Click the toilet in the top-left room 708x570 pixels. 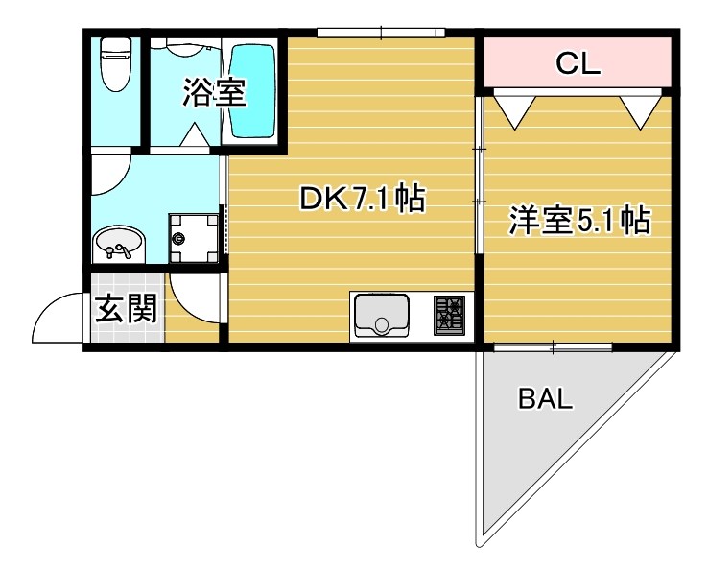(x=116, y=65)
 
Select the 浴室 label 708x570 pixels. (x=214, y=92)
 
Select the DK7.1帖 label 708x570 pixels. (x=362, y=200)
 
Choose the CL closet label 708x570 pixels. (x=578, y=64)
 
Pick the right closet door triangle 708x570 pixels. (x=639, y=107)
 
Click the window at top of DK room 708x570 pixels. (x=381, y=33)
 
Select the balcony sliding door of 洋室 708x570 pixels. (x=553, y=346)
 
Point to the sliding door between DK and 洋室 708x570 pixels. (x=479, y=173)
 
